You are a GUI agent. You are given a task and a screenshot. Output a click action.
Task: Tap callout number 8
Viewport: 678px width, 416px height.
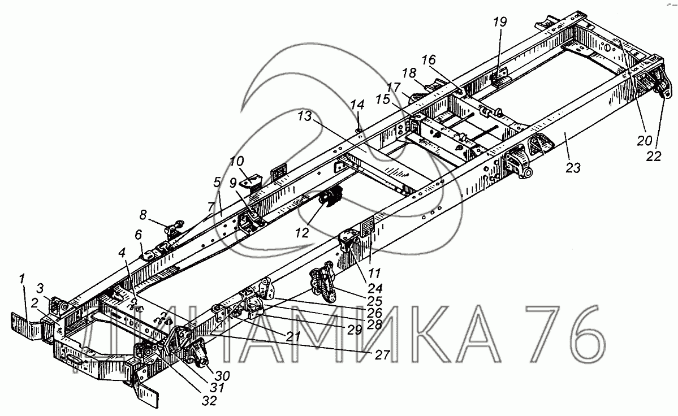[x=143, y=214]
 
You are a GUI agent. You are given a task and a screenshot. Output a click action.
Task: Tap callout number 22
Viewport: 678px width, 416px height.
[x=654, y=157]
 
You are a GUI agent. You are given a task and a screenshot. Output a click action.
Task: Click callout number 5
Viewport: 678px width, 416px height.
[x=217, y=182]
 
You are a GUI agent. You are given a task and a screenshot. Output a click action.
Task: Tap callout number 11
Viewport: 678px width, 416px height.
[x=371, y=261]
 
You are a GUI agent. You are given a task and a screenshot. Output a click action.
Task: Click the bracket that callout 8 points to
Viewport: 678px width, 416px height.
[x=174, y=227]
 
